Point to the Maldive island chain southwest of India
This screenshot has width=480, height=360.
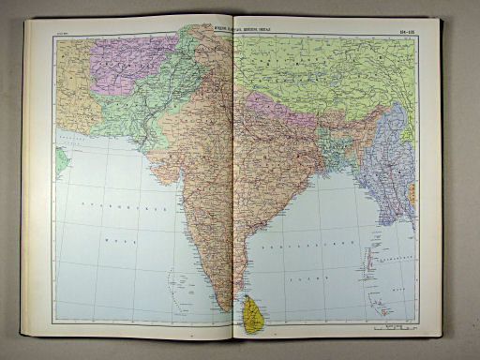[173, 281]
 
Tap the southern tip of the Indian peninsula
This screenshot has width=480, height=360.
[223, 304]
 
